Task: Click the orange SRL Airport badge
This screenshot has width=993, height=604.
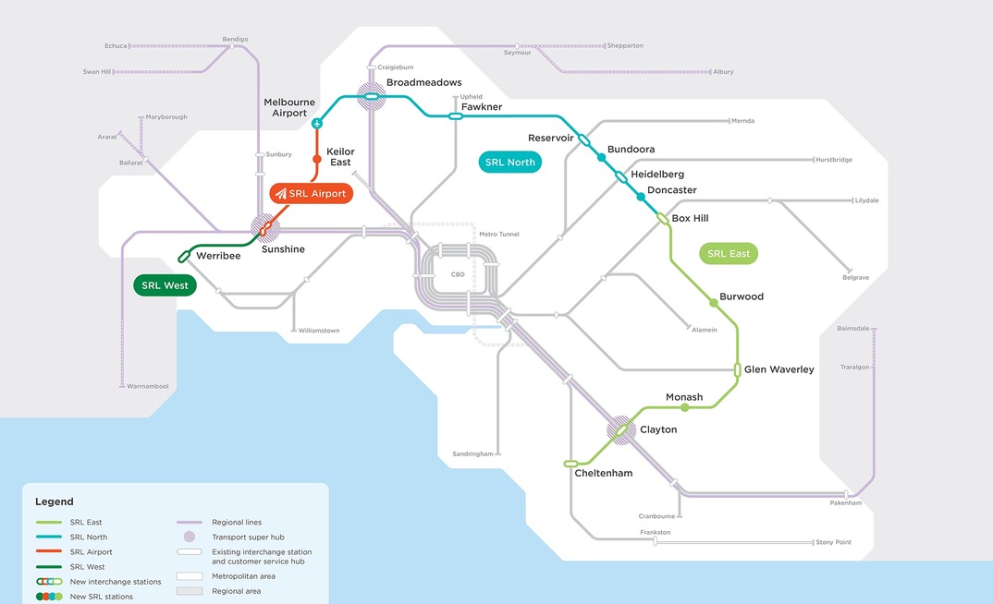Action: click(x=312, y=194)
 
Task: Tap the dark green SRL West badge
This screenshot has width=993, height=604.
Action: click(x=165, y=285)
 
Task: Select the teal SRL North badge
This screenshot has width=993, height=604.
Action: click(x=509, y=163)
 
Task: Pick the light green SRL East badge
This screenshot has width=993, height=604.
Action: click(x=729, y=253)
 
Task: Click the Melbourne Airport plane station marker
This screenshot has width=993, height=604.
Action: click(x=317, y=123)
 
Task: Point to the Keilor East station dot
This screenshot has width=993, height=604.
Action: click(x=317, y=160)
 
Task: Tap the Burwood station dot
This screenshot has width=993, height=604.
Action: click(x=713, y=303)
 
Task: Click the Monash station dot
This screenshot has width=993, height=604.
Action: click(x=684, y=407)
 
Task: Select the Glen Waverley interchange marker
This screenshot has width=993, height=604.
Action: click(x=737, y=369)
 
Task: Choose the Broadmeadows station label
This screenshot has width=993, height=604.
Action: click(x=423, y=83)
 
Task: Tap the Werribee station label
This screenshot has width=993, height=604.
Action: click(x=218, y=256)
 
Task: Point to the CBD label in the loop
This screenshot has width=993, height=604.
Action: click(x=457, y=274)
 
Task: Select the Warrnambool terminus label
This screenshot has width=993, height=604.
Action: click(x=148, y=386)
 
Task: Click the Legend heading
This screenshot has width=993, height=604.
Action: click(x=54, y=501)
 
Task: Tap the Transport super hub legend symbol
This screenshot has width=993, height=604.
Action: click(x=189, y=537)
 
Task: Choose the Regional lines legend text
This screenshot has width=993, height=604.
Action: click(x=237, y=523)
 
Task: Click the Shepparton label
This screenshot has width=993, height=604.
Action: click(x=625, y=45)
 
